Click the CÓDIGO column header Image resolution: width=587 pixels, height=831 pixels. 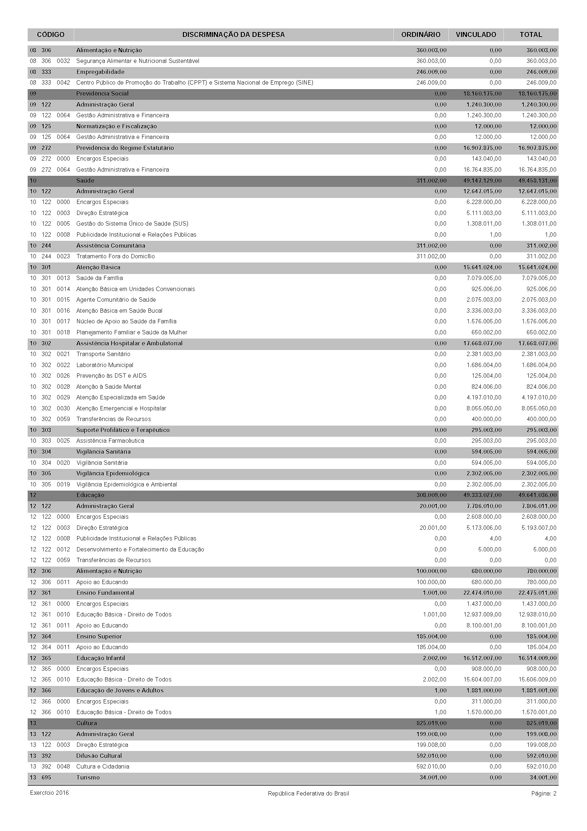(x=51, y=35)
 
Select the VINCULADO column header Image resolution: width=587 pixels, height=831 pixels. (x=475, y=35)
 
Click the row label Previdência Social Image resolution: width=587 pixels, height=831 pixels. (x=102, y=94)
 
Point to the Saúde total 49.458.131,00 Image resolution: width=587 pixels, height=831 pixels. (x=537, y=180)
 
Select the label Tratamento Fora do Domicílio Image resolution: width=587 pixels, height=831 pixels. (x=115, y=257)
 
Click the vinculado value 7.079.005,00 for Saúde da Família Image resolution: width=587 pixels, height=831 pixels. (x=484, y=278)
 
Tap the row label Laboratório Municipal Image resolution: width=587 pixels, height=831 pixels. (x=104, y=365)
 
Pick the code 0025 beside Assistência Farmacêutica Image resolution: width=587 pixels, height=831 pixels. (x=63, y=441)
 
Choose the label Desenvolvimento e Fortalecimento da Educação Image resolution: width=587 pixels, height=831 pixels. (x=140, y=549)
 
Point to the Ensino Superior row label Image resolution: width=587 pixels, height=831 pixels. (x=99, y=636)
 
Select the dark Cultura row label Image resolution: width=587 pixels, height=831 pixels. (x=87, y=723)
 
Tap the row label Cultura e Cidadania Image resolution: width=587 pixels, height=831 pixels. (x=103, y=767)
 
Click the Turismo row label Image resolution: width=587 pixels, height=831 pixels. (x=88, y=777)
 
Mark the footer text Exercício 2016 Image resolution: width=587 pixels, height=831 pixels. (x=49, y=793)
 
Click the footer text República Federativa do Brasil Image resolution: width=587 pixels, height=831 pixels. (x=309, y=794)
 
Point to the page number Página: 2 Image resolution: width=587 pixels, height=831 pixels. (x=544, y=794)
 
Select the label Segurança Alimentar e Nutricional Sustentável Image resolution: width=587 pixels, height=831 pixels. (x=138, y=61)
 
